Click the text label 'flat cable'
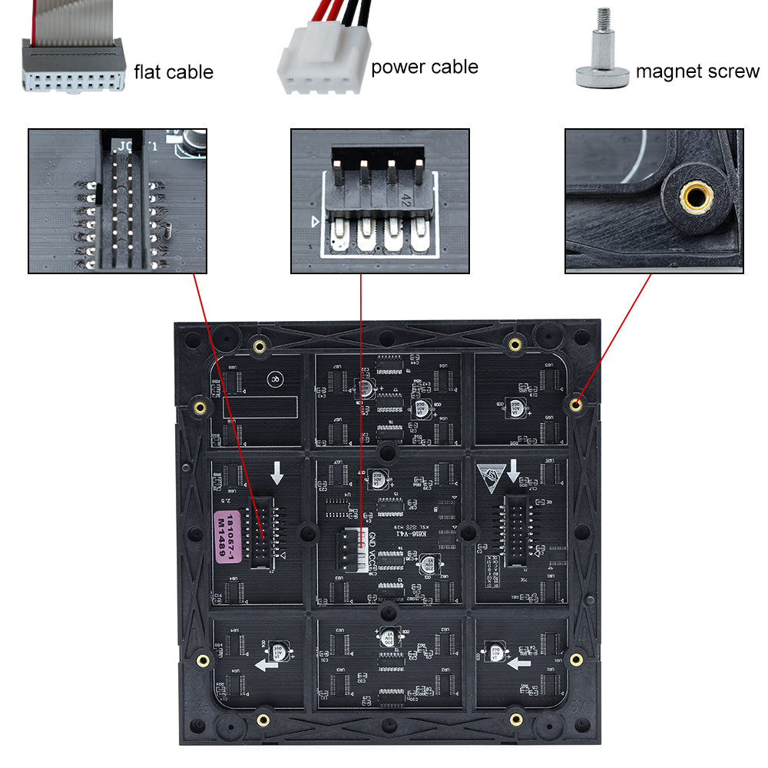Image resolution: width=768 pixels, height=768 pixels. tap(174, 73)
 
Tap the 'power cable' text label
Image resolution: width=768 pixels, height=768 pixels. tap(424, 68)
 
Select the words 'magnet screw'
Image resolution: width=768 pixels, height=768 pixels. tap(697, 72)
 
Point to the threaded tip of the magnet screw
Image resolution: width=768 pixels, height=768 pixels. tap(604, 19)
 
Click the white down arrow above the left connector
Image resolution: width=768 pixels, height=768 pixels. tap(277, 473)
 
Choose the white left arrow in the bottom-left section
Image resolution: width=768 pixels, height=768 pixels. tap(266, 664)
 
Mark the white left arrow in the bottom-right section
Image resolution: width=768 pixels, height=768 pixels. tap(520, 660)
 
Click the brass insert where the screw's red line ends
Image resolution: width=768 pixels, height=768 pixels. tap(577, 405)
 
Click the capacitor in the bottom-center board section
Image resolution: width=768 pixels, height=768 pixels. tap(385, 637)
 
